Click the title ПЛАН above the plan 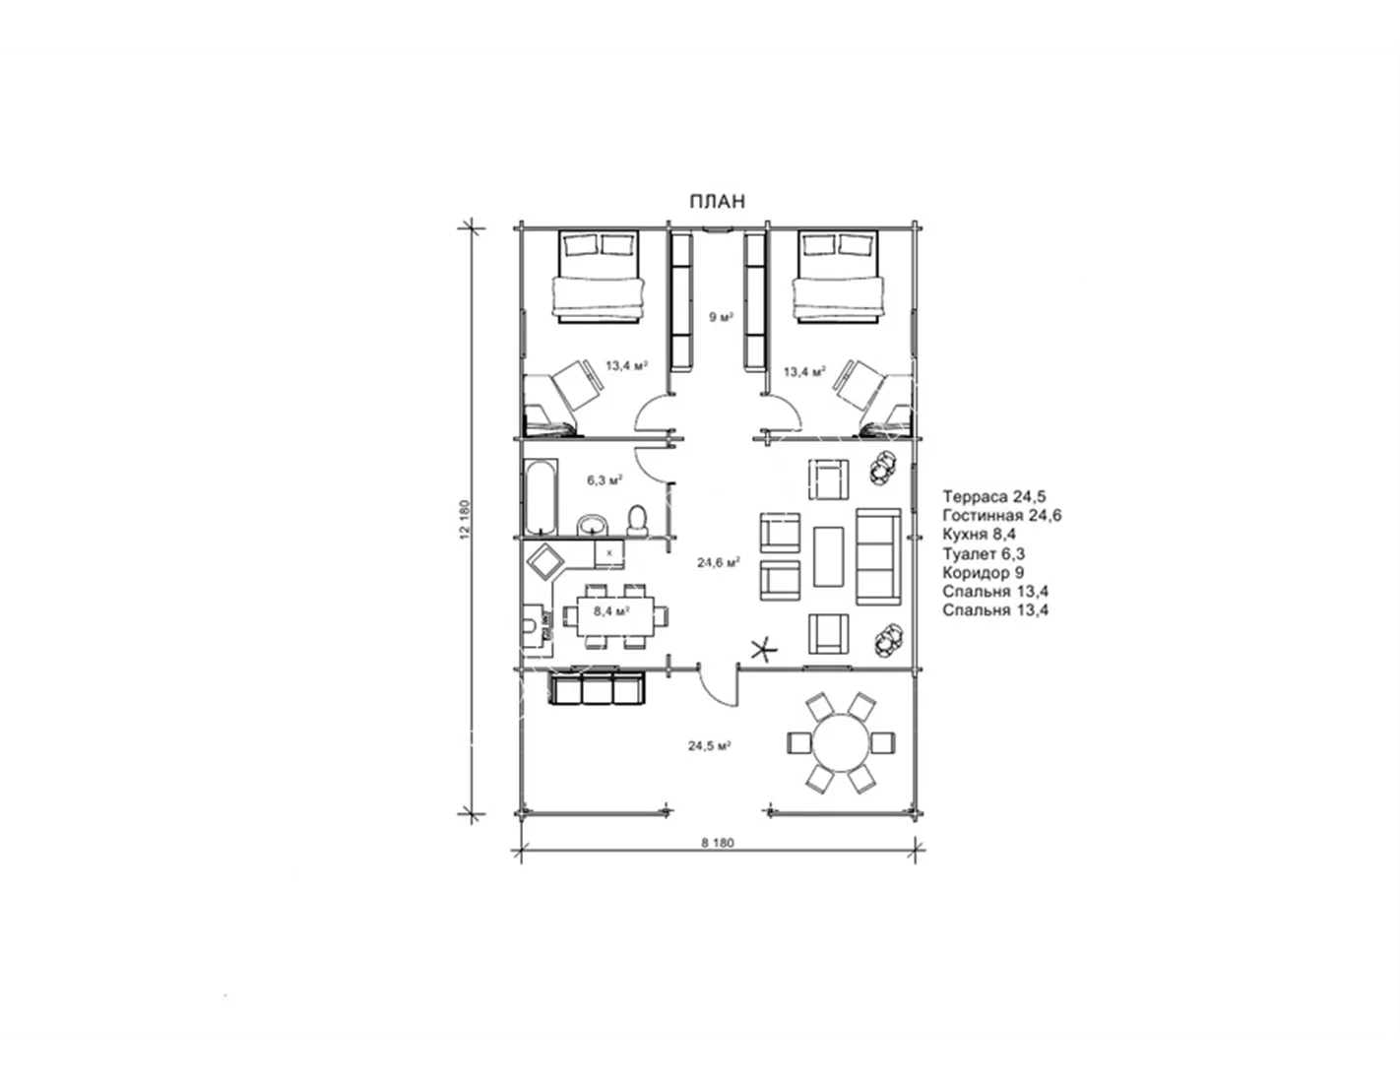pos(717,202)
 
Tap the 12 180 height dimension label pos(466,519)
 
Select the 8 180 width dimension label pos(718,842)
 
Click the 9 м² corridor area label pos(722,316)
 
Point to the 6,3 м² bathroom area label pos(605,480)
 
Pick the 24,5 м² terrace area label pos(709,745)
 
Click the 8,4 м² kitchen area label pos(611,610)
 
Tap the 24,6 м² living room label pos(718,562)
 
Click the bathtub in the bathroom pos(540,497)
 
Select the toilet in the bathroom pos(638,521)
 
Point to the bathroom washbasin pos(593,525)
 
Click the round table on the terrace pos(841,742)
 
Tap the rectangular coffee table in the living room pos(829,556)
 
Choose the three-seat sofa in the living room pos(877,556)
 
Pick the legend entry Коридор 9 pos(984,572)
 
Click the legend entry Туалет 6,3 pos(984,553)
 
